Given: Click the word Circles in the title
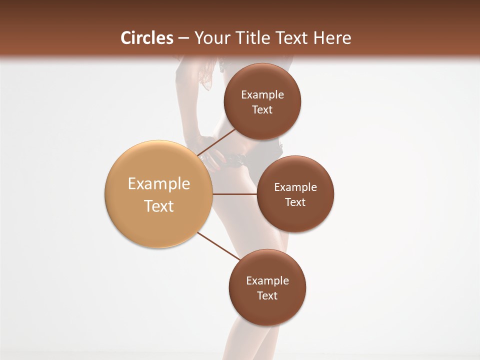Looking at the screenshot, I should (x=147, y=38).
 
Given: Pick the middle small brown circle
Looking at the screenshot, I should (x=295, y=217).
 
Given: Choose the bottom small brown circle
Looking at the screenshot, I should (x=267, y=310).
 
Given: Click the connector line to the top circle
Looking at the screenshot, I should (x=216, y=142).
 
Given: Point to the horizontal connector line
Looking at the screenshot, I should (x=235, y=194).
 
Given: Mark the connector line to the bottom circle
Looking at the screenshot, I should (x=218, y=246).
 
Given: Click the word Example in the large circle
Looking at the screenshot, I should (x=159, y=184).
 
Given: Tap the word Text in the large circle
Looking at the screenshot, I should (x=159, y=205).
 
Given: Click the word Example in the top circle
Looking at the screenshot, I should (x=262, y=95).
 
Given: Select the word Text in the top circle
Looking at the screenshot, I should (x=262, y=109).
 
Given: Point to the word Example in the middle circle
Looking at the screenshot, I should (x=295, y=187).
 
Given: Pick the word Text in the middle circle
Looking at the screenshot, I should (x=295, y=202).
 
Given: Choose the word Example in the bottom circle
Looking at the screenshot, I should (x=267, y=281).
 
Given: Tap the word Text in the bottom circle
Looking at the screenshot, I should (x=267, y=295).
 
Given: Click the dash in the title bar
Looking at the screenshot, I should (x=183, y=38).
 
